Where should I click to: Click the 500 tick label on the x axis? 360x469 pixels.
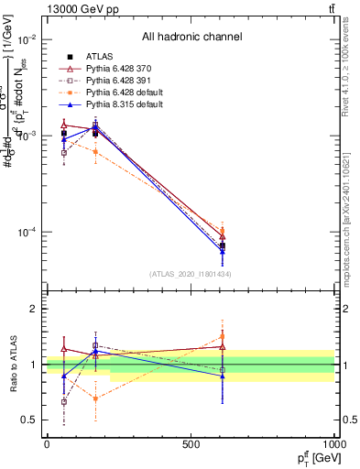click(x=191, y=444)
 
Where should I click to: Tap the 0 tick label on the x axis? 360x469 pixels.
click(x=47, y=444)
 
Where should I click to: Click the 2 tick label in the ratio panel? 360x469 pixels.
click(x=32, y=310)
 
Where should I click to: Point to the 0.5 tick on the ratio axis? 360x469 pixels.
click(x=28, y=420)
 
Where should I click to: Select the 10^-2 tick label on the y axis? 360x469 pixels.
click(x=25, y=39)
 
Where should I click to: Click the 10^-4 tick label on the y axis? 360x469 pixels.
click(x=25, y=232)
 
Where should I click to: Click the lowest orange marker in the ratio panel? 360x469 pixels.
click(x=95, y=398)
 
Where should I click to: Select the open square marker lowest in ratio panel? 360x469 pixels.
click(x=63, y=401)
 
